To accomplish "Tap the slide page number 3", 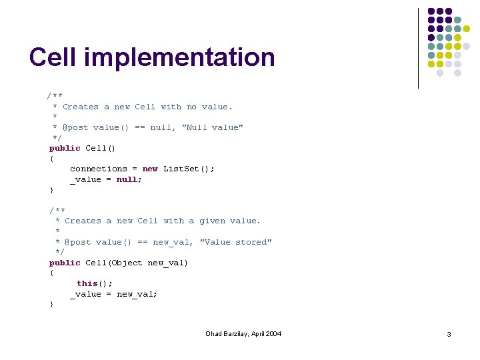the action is point(449,334).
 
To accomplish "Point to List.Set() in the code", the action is point(189,169).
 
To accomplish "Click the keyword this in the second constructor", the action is point(87,283).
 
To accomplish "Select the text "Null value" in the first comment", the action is point(213,127).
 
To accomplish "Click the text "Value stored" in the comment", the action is point(236,242).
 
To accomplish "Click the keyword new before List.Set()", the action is point(150,169).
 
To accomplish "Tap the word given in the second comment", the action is point(212,221).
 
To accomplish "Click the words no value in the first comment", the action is point(209,107).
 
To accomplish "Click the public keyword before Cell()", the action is point(65,148).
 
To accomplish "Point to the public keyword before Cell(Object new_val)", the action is point(65,263).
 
